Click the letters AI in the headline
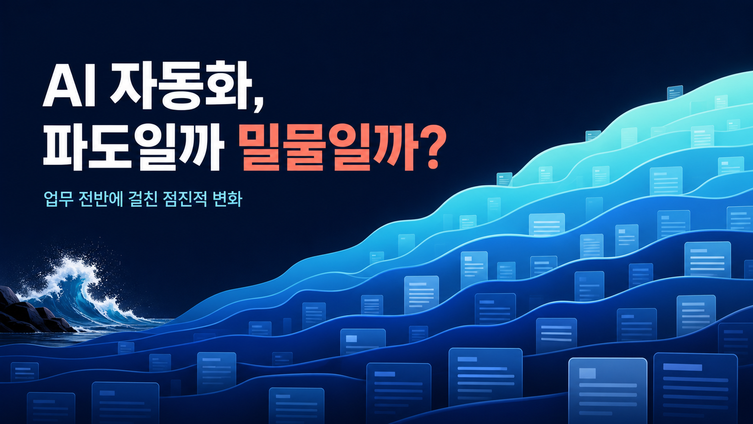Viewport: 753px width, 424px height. click(69, 88)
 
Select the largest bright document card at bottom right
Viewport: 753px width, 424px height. click(607, 390)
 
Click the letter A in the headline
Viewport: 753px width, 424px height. click(60, 88)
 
